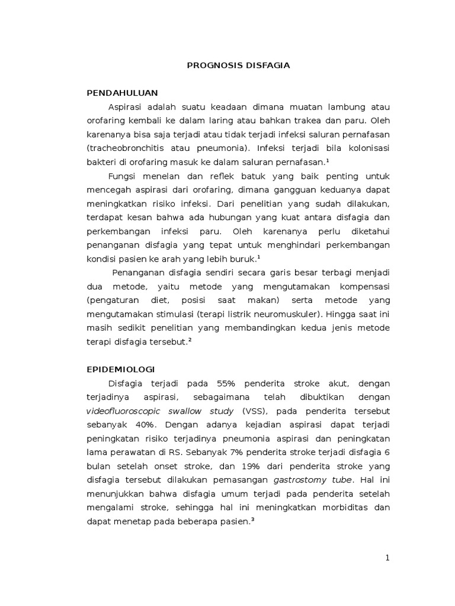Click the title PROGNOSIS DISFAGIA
pos(238,65)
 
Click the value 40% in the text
pos(145,424)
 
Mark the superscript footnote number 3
pos(252,519)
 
